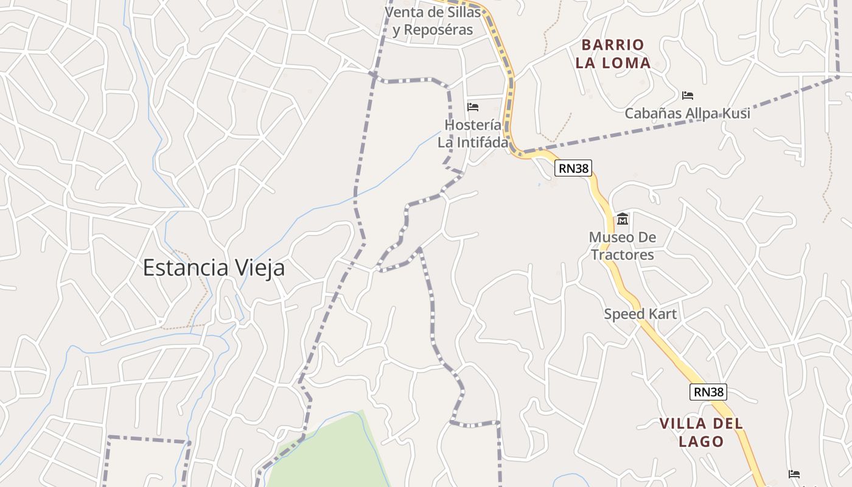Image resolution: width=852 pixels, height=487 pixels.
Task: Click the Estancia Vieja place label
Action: point(214,268)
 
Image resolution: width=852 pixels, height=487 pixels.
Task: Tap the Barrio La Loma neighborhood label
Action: point(613,54)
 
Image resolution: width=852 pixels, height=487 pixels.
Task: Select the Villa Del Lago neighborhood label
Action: point(701,432)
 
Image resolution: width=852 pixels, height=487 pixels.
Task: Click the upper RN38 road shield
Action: point(573,168)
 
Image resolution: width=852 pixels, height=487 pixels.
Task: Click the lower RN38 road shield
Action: point(708,391)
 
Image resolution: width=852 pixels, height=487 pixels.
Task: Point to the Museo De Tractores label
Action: point(623,246)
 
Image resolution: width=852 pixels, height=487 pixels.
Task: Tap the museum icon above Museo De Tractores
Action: point(623,219)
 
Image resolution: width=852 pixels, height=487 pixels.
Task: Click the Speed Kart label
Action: point(640,314)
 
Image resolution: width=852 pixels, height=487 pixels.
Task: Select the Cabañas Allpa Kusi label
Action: point(688,113)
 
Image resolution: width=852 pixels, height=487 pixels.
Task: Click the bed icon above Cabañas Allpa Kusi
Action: point(688,96)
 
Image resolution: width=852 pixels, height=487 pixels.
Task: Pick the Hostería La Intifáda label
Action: point(473,133)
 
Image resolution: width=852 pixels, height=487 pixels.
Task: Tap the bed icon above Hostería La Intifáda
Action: point(473,107)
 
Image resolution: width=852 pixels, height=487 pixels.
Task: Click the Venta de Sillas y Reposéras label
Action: point(433,21)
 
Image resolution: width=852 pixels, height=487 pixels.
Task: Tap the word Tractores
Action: point(623,254)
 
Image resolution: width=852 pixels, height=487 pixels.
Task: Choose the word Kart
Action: point(663,314)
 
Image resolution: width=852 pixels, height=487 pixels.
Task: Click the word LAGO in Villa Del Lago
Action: point(701,441)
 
